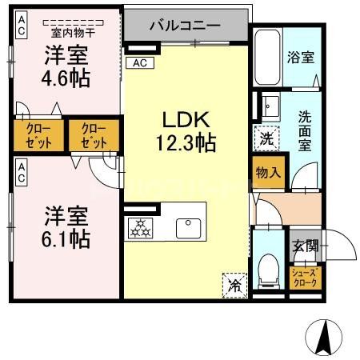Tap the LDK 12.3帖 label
pyautogui.click(x=186, y=132)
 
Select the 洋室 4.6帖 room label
pyautogui.click(x=66, y=67)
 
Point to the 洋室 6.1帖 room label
pyautogui.click(x=66, y=226)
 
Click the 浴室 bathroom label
pyautogui.click(x=300, y=58)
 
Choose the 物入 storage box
pyautogui.click(x=268, y=171)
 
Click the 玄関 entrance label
pyautogui.click(x=305, y=246)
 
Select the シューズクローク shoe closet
pyautogui.click(x=304, y=278)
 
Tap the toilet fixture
pyautogui.click(x=268, y=266)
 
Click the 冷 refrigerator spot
pyautogui.click(x=234, y=283)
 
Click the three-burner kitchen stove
pyautogui.click(x=143, y=229)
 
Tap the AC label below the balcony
pyautogui.click(x=139, y=62)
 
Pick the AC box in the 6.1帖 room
pyautogui.click(x=21, y=171)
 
